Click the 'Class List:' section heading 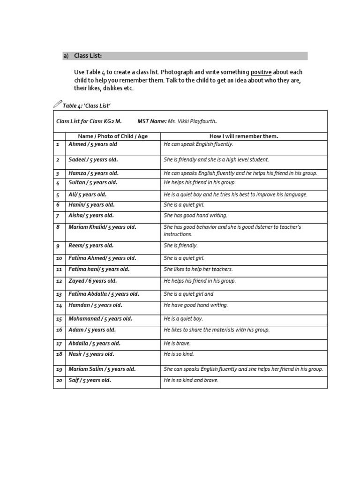(x=88, y=56)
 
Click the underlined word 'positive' (x=261, y=72)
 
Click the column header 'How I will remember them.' (x=244, y=136)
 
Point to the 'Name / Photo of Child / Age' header (x=107, y=136)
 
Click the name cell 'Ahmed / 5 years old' (x=93, y=144)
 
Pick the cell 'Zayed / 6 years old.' (x=93, y=281)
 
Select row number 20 (x=59, y=381)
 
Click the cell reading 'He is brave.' (x=177, y=343)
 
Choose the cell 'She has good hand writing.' (x=195, y=216)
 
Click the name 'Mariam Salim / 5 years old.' (x=102, y=369)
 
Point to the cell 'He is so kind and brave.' (x=191, y=381)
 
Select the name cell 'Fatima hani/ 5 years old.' (x=99, y=270)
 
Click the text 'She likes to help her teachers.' (x=198, y=270)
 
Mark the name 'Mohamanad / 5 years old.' (x=100, y=319)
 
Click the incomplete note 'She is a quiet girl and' (x=188, y=294)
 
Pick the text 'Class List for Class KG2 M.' (x=89, y=121)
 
